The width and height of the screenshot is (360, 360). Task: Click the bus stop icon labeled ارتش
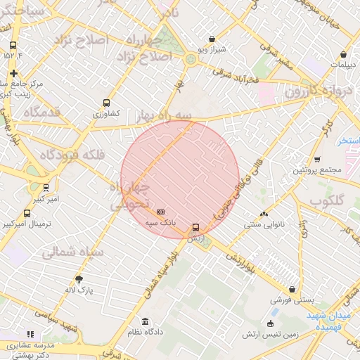click(x=195, y=228)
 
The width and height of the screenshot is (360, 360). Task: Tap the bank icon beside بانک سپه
click(x=161, y=212)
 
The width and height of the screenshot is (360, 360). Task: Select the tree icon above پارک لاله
click(x=78, y=279)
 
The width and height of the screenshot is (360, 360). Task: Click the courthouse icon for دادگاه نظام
click(x=145, y=321)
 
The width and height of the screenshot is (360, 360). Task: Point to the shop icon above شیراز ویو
click(x=212, y=39)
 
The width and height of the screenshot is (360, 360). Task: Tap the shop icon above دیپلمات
click(x=343, y=54)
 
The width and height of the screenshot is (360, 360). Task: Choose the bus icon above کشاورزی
click(x=106, y=103)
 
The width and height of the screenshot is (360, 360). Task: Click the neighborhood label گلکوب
click(x=329, y=202)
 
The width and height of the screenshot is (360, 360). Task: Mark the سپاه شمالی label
click(x=72, y=252)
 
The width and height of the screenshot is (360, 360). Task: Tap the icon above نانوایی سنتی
click(x=264, y=214)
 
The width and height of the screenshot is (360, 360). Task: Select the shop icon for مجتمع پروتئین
click(x=317, y=160)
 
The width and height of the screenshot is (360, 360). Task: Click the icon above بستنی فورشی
click(x=292, y=289)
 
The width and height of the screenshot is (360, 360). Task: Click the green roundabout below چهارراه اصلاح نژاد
click(x=190, y=60)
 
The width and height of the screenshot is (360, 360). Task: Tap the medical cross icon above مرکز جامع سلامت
click(x=13, y=73)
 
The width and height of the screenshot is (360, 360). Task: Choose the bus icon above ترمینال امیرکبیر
click(x=27, y=213)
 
